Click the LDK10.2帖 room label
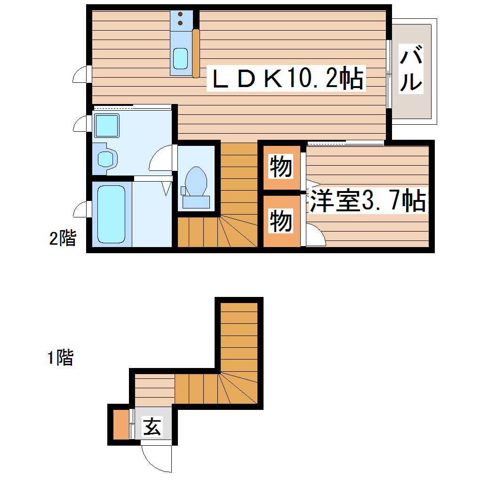[x=288, y=79]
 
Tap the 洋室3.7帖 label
[x=368, y=201]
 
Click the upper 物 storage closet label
[x=281, y=167]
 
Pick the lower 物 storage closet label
[x=281, y=221]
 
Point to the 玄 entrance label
[x=152, y=427]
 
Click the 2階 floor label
[x=63, y=239]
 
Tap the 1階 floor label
[x=60, y=359]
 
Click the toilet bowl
[x=196, y=182]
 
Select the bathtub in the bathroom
[x=112, y=214]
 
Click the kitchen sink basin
[x=180, y=58]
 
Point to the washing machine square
[x=106, y=125]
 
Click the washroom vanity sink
[x=106, y=158]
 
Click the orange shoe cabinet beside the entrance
[x=120, y=424]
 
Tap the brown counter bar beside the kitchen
[x=196, y=53]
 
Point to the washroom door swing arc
[x=161, y=159]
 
